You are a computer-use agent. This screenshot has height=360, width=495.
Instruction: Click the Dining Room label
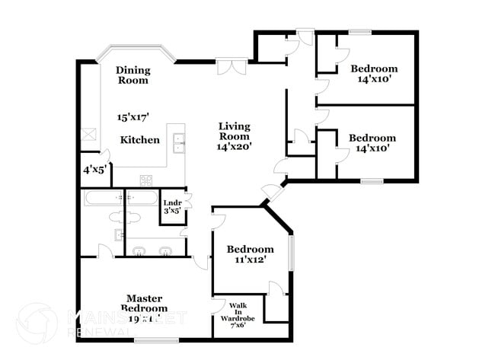pos(133,75)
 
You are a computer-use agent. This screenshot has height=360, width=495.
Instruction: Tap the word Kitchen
pos(140,140)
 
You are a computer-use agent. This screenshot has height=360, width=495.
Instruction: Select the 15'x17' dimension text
pos(133,117)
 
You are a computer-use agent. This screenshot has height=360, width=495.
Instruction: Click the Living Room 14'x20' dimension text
pos(235,145)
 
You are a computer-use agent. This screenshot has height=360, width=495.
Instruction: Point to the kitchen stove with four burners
pos(145,180)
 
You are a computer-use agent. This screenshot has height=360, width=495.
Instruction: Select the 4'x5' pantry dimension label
pos(94,170)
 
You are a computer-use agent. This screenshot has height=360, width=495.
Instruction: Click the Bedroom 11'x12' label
pos(251,254)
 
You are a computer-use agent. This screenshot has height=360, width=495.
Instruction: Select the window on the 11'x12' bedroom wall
pos(291,253)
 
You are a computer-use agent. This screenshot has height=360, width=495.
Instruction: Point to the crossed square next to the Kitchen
pos(88,134)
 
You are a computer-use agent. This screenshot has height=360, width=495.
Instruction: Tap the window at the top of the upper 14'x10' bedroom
pos(360,32)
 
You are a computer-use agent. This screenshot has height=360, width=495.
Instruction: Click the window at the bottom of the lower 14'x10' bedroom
pos(372,181)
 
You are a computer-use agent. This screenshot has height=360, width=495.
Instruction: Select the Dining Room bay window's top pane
pos(136,48)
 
